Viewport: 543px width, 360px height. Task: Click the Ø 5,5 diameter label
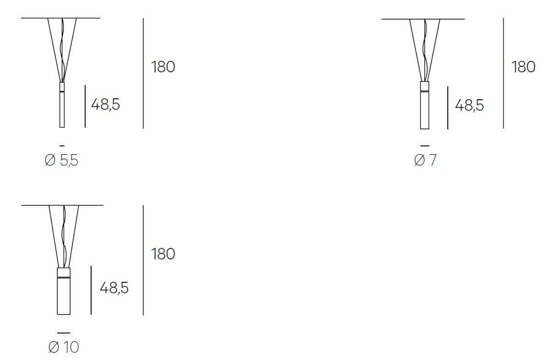point(61,160)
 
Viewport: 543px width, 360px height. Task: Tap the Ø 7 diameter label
point(425,160)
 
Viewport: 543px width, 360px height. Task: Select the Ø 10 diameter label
point(64,347)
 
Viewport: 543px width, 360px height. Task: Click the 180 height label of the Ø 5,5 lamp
point(163,67)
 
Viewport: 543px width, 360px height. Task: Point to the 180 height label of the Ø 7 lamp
point(524,67)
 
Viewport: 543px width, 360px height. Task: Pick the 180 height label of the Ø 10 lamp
point(163,254)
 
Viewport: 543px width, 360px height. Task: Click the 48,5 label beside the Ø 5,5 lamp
point(106,104)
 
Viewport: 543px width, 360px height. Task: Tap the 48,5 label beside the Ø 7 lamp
point(469,105)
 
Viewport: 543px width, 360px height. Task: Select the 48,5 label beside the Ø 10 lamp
point(114,288)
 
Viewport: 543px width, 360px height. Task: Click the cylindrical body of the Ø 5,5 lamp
point(62,109)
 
